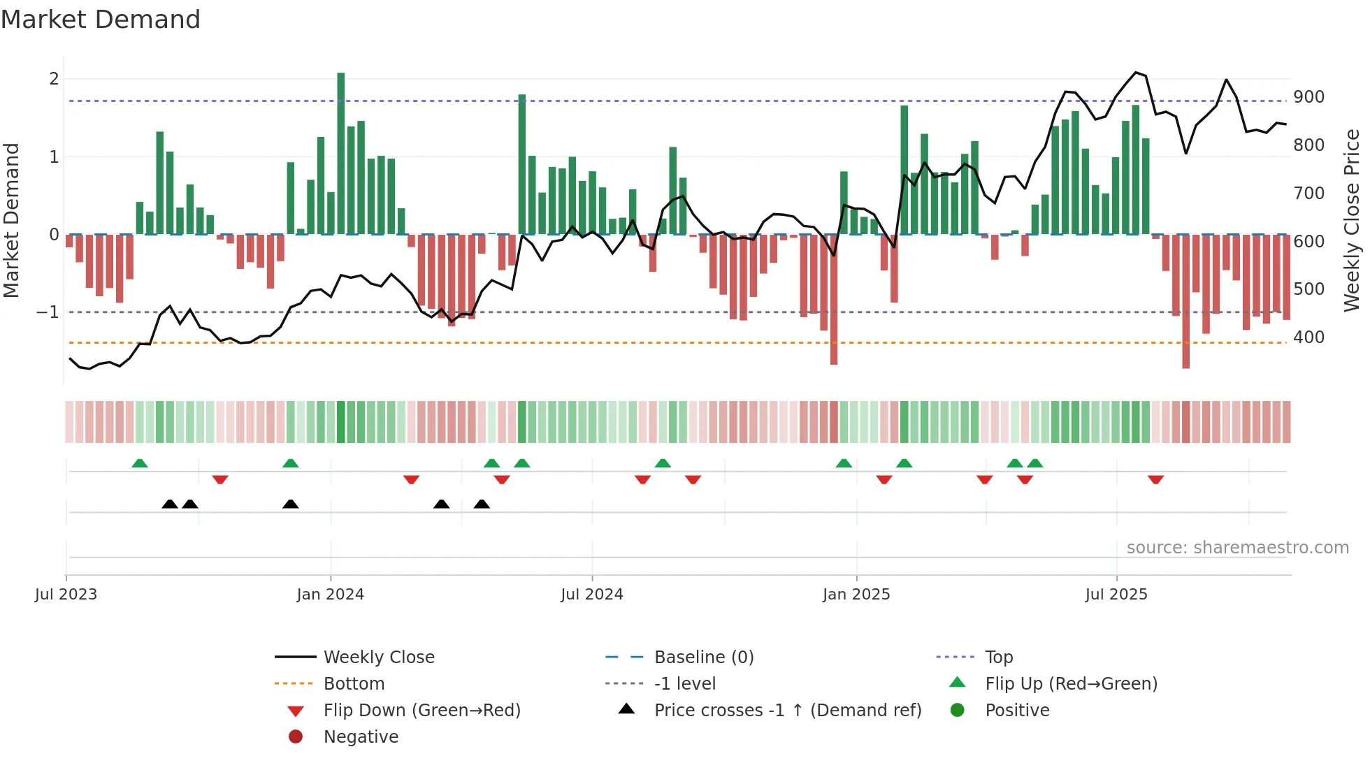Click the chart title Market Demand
point(101,20)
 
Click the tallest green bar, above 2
point(341,154)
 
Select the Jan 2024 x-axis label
point(330,595)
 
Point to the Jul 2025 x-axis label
point(1116,595)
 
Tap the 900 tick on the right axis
point(1308,97)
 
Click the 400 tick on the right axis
point(1308,337)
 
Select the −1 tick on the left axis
point(48,312)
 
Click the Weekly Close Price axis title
point(1352,220)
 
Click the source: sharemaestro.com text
point(1237,548)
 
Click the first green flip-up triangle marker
point(140,463)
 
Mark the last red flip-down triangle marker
point(1155,479)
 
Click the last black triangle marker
point(482,504)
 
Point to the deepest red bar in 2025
point(1186,300)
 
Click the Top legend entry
point(998,658)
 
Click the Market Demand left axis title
point(11,220)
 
